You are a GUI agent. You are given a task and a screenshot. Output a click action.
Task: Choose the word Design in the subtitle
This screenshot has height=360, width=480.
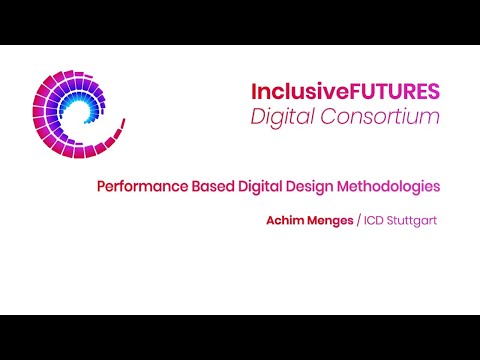304,186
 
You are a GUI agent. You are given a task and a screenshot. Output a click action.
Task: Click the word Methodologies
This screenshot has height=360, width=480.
384,186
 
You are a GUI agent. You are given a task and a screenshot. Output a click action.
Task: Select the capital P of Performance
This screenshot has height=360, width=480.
101,186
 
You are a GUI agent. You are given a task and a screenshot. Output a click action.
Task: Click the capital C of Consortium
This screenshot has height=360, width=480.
334,117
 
